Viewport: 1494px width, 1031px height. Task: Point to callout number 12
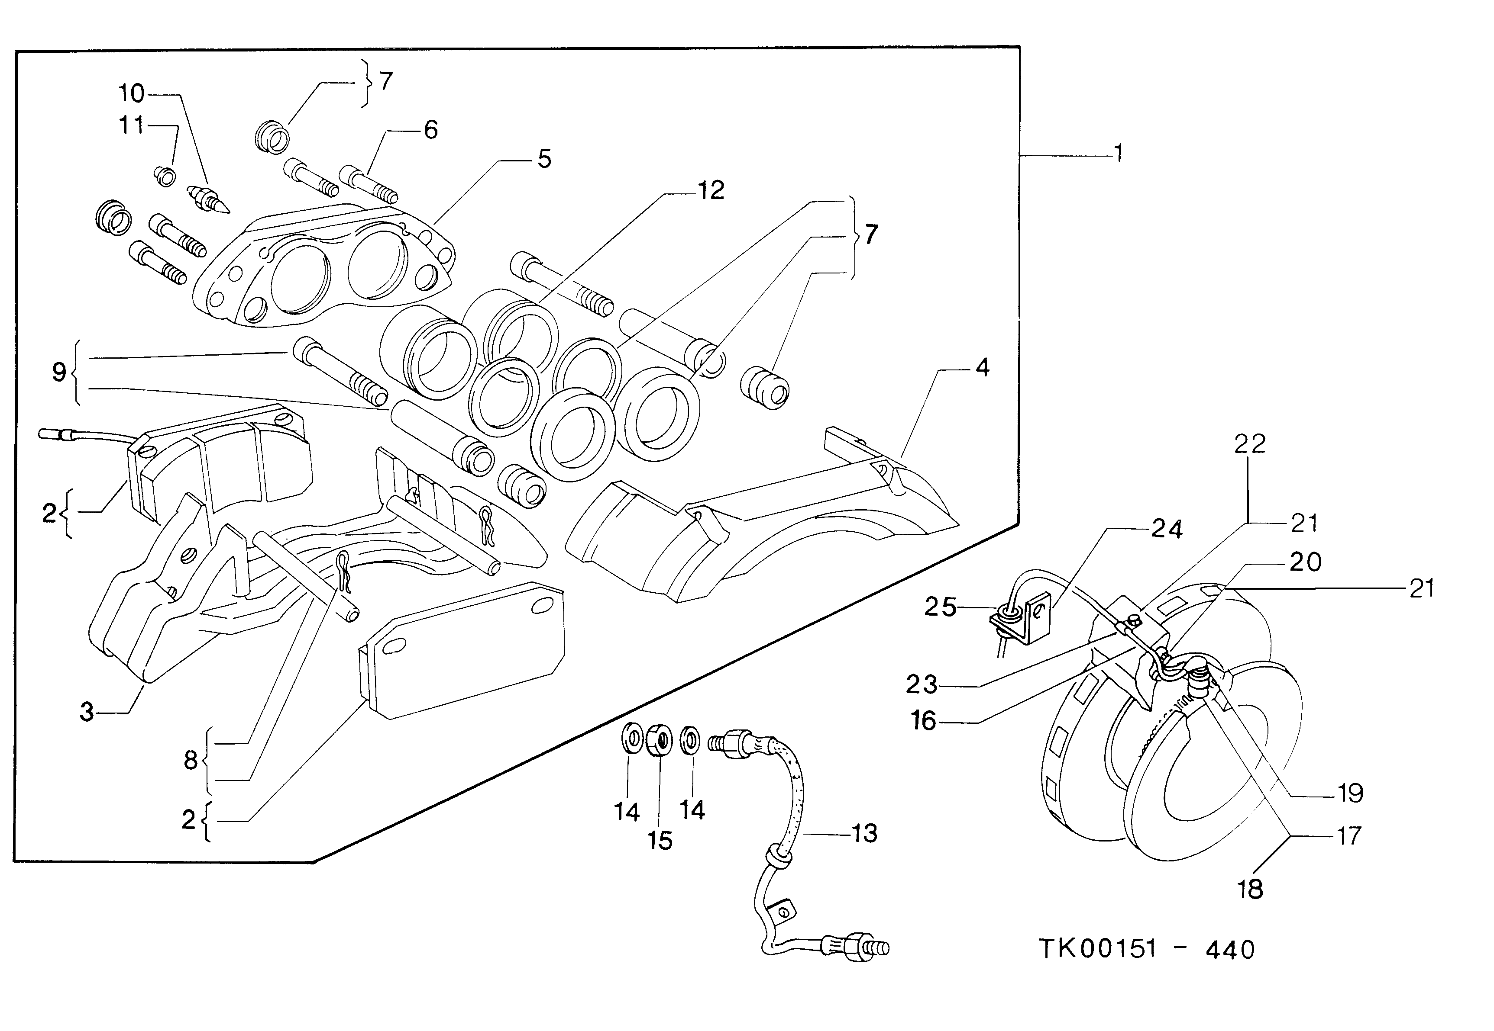[x=711, y=190]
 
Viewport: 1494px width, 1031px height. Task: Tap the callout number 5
[x=544, y=159]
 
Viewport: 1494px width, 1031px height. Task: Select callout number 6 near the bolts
[x=430, y=130]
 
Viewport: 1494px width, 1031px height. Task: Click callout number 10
[x=131, y=94]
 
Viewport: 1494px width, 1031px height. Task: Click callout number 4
[x=982, y=368]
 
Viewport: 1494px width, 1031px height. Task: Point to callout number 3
[x=87, y=713]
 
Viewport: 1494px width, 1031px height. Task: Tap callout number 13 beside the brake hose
[x=864, y=833]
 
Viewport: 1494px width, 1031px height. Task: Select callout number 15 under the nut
[x=660, y=841]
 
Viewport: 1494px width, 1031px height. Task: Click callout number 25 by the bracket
[x=940, y=607]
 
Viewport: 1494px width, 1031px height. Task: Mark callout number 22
[x=1249, y=444]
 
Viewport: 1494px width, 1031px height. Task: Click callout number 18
[x=1250, y=890]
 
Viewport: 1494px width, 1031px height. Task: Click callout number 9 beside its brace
[x=59, y=373]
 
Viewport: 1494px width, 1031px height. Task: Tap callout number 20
[x=1305, y=562]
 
